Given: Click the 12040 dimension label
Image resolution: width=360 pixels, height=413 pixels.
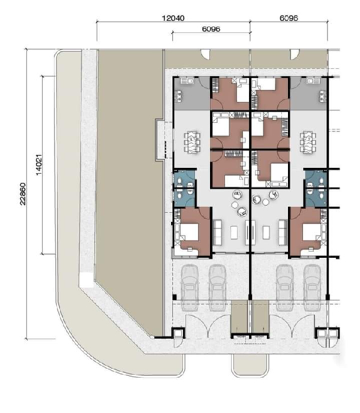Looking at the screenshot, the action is click(x=173, y=18).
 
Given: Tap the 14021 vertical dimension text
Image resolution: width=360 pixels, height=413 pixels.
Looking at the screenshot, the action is click(x=38, y=165).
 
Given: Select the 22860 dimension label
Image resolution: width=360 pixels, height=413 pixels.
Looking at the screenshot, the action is click(x=23, y=194).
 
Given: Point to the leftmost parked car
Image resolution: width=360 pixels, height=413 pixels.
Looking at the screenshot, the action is click(x=190, y=288).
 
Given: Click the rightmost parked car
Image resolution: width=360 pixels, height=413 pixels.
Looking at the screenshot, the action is click(x=313, y=288).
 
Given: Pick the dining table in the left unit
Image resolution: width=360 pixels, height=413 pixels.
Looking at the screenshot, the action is click(x=192, y=142).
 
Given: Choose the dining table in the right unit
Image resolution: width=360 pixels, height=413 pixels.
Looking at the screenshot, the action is click(x=308, y=142).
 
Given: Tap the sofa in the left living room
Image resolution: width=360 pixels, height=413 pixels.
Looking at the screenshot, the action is click(x=217, y=233).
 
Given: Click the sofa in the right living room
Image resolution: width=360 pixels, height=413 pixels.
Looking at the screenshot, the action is click(x=283, y=233).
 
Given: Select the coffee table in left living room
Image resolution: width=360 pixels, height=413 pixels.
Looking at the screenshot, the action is click(x=234, y=233).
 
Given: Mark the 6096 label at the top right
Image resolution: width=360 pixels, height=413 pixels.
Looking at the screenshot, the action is click(x=289, y=18).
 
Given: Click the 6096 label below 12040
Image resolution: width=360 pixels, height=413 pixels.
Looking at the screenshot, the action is click(x=211, y=29).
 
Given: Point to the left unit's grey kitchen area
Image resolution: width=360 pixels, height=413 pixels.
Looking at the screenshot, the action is click(x=192, y=94).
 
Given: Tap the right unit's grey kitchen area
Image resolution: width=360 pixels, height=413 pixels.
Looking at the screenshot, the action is click(x=308, y=94).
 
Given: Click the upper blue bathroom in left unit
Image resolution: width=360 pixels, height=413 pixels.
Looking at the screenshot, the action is click(x=184, y=179).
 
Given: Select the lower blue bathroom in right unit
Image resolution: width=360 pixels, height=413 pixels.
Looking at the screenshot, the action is click(x=316, y=198).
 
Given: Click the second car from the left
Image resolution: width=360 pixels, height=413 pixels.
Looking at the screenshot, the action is click(x=217, y=288).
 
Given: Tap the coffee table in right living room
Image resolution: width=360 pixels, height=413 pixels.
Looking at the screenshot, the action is click(x=266, y=233).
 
